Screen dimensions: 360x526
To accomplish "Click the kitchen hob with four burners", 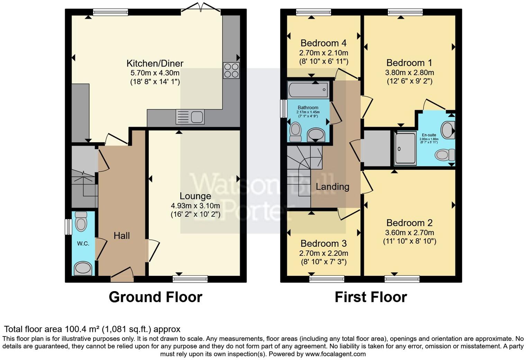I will pos(231,70).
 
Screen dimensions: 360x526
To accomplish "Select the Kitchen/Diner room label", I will pos(155,63).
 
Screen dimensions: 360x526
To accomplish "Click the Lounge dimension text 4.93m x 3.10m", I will pos(195,206).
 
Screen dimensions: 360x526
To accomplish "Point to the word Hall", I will pos(122,236).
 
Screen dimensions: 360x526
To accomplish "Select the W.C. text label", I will pos(83,244).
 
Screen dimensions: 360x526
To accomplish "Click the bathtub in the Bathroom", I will pos(308,90).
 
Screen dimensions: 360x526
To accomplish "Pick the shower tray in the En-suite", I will pos(405,148).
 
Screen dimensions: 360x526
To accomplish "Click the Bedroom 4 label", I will pos(324,43).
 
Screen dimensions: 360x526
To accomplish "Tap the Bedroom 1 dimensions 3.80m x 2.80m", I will pos(409,73).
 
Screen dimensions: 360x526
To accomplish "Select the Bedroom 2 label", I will pos(409,223).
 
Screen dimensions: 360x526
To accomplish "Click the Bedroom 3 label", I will pos(324,244).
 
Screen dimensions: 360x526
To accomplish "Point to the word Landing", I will pos(333,187).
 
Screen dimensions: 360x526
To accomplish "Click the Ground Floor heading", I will pos(155,297).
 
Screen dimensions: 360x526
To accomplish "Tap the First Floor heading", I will pos(371,297).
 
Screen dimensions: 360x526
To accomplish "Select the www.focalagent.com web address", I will pos(335,354).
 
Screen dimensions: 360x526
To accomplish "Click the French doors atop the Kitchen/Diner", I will pos(201,9).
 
